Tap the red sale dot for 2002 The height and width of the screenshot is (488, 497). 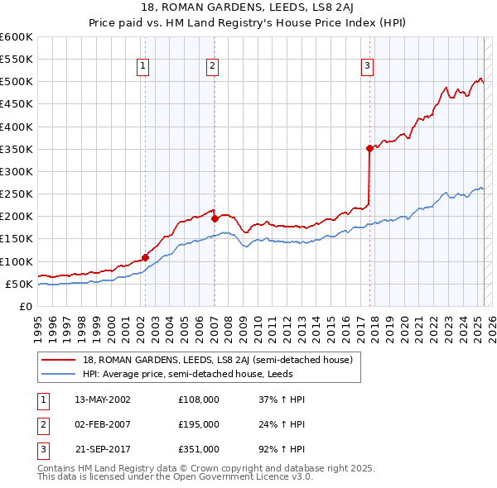click(145, 257)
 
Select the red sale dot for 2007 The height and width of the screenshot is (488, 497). click(215, 218)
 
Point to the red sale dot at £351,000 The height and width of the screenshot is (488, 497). click(369, 149)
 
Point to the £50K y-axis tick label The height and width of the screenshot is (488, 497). click(20, 284)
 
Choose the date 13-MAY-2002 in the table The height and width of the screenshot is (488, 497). click(103, 399)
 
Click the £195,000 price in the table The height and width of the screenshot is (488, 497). click(199, 424)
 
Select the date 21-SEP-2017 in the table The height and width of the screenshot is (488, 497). click(103, 449)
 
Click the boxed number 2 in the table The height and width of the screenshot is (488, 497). click(41, 424)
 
